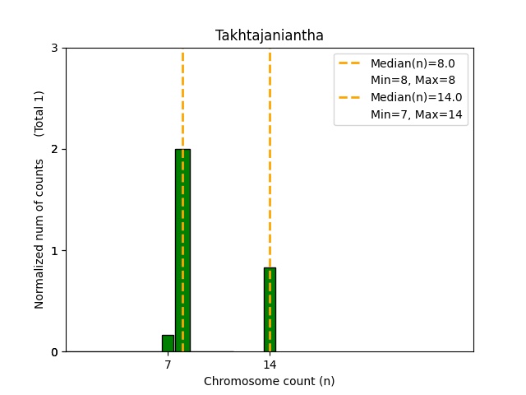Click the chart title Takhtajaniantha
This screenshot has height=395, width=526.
tap(270, 35)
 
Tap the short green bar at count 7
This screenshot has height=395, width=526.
tap(168, 343)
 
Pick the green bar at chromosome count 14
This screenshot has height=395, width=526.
tap(270, 309)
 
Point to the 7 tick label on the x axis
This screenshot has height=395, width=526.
tap(168, 365)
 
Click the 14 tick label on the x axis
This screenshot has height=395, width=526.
tap(270, 365)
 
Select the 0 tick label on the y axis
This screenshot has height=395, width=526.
tap(55, 352)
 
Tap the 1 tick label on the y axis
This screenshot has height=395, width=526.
tap(55, 251)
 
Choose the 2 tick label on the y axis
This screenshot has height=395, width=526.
tap(55, 150)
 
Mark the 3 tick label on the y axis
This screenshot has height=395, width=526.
tap(55, 49)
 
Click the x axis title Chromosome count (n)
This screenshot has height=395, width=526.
tap(270, 381)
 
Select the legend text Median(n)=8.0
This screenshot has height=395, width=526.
tap(413, 63)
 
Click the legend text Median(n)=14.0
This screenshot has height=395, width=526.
tap(416, 97)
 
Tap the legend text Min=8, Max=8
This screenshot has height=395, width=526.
tap(413, 80)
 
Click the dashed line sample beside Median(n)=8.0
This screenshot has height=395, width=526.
tap(351, 63)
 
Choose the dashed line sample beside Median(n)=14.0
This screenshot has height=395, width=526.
tap(351, 97)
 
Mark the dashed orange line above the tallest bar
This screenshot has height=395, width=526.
tap(182, 99)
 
